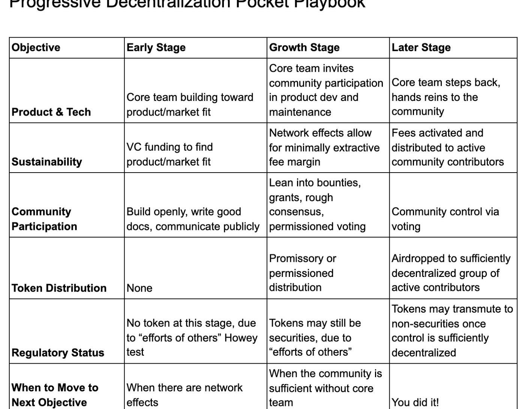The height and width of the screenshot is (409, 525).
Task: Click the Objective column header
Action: (36, 48)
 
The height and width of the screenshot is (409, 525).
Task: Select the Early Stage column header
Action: (156, 48)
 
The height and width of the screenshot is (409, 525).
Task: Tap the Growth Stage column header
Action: (304, 48)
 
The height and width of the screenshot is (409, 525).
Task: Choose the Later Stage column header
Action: (421, 48)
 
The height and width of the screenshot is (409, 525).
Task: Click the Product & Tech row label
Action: (51, 112)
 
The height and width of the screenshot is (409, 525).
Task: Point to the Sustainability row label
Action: (46, 162)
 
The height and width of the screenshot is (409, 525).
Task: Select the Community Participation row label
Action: (44, 219)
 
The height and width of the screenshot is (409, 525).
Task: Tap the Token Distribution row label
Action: (59, 288)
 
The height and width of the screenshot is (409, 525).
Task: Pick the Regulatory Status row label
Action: (58, 353)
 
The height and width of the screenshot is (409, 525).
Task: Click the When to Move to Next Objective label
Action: (55, 395)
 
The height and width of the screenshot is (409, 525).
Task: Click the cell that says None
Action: (139, 288)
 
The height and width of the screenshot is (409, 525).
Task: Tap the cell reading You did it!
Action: (415, 402)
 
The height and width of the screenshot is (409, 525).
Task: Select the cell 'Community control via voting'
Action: (445, 219)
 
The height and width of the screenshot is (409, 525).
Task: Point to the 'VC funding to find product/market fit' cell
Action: (169, 154)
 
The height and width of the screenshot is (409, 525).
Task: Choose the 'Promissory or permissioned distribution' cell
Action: (302, 273)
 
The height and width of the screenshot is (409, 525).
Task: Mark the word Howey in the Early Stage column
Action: (241, 338)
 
